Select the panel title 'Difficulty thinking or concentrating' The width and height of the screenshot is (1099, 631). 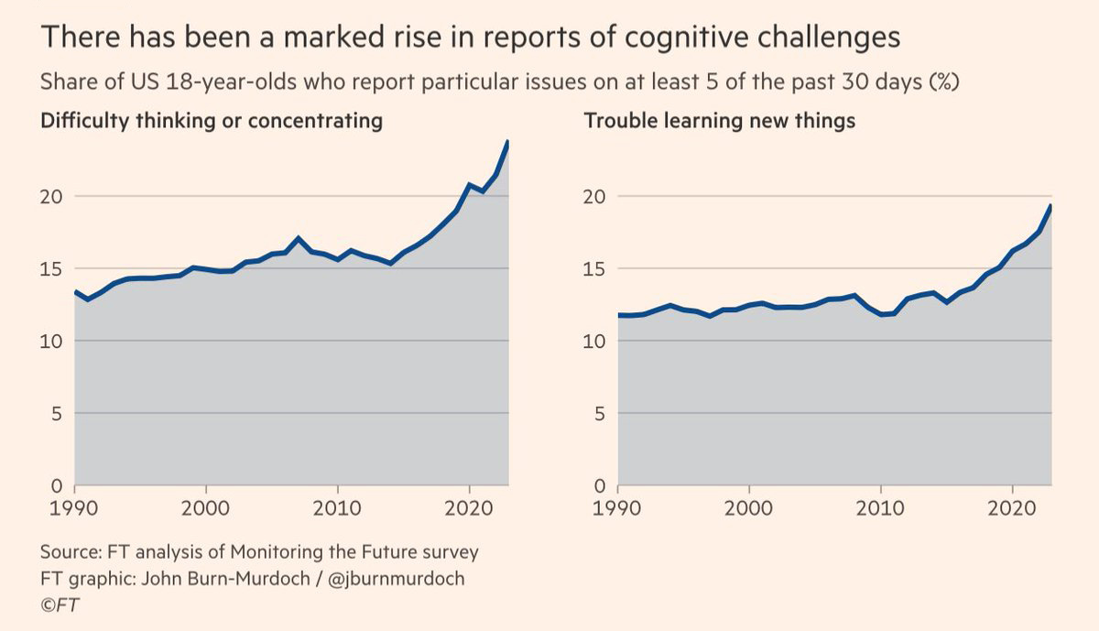212,121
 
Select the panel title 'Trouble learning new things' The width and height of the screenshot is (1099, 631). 719,121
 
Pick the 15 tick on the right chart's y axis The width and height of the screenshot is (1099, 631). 596,268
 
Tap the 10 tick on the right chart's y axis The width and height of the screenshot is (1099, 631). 596,341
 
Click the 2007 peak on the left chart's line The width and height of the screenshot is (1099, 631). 299,238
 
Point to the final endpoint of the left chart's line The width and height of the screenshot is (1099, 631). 508,141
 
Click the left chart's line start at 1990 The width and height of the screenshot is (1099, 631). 74,291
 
